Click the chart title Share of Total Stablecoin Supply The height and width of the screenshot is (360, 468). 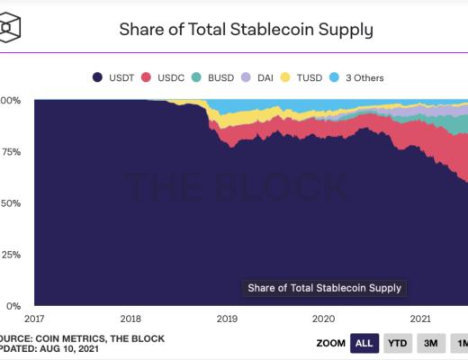247,29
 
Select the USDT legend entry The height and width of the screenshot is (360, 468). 114,76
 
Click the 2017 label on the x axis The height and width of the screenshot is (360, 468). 34,318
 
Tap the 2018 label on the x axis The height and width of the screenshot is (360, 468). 130,318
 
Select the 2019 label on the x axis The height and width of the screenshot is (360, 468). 227,318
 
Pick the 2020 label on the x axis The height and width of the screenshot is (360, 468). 323,318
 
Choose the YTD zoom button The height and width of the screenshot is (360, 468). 397,343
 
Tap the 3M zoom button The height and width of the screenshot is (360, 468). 430,343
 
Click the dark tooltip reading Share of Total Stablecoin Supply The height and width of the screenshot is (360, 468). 325,288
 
